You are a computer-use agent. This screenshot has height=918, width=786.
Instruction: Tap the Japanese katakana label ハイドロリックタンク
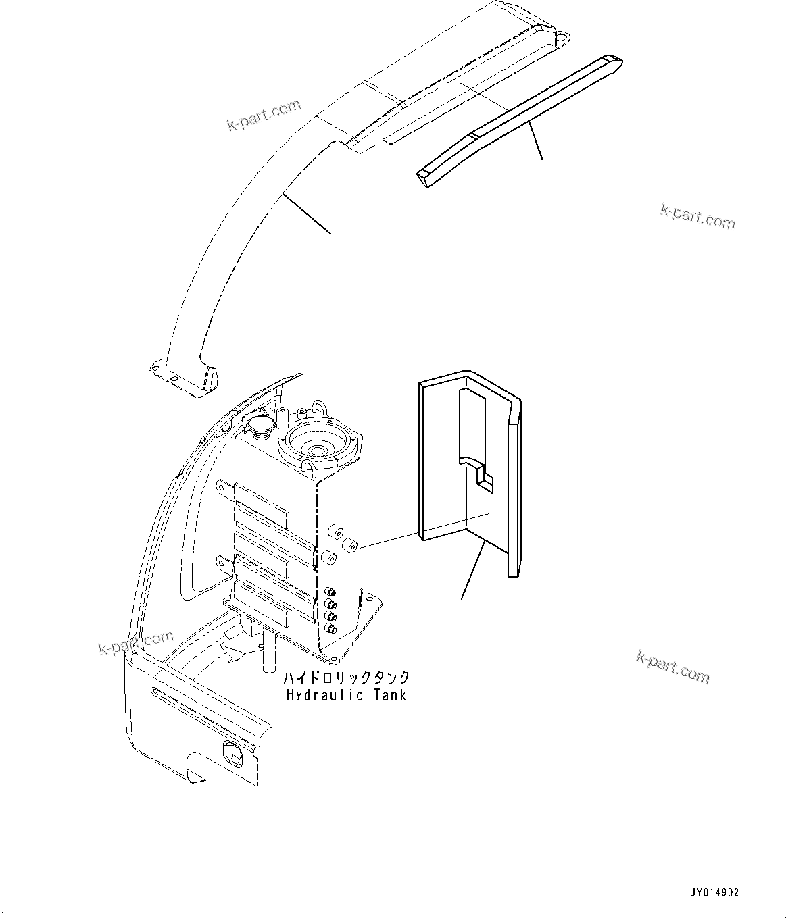345,678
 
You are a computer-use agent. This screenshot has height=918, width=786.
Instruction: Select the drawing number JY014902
715,892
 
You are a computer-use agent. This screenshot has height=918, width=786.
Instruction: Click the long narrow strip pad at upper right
520,118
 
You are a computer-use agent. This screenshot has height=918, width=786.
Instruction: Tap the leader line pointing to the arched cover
307,213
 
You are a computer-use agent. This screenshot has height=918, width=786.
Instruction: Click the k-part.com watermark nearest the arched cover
264,115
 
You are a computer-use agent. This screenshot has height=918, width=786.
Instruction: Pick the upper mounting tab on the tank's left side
225,486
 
